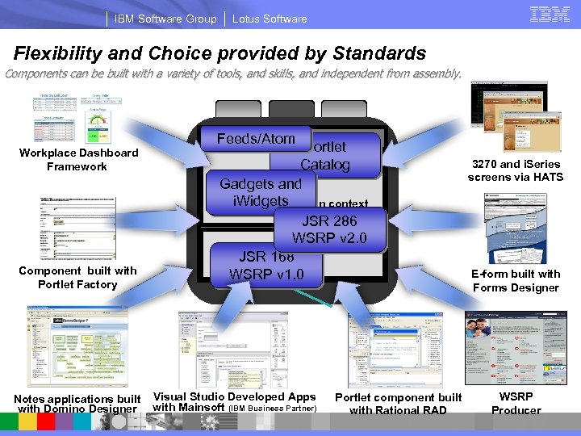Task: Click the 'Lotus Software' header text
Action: (270, 19)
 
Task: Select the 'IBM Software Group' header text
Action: (165, 19)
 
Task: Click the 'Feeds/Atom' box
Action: (256, 139)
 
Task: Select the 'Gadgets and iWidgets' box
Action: (260, 192)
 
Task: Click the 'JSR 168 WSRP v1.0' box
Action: (266, 266)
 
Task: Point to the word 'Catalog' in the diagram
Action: (325, 165)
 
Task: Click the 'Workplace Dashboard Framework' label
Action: (78, 160)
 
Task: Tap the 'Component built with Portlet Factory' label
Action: (77, 278)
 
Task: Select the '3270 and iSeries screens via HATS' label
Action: (514, 170)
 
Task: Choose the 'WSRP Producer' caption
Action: (516, 404)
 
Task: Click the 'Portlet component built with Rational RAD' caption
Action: (398, 404)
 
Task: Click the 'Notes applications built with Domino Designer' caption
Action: (77, 404)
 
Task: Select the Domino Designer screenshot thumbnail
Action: (76, 346)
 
